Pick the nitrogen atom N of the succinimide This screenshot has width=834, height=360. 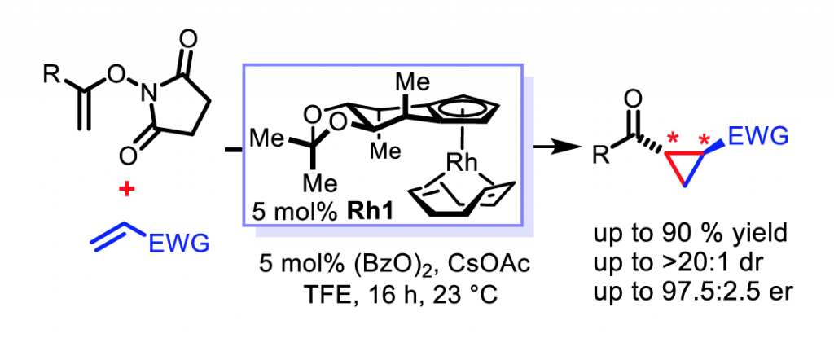[146, 100]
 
